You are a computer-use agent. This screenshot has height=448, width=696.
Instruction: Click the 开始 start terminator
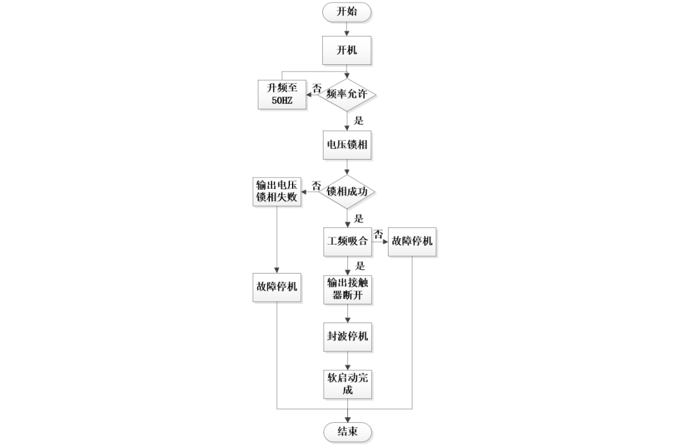pyautogui.click(x=347, y=12)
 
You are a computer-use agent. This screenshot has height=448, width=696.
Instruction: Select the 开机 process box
pyautogui.click(x=347, y=50)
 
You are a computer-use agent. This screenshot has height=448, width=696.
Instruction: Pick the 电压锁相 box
pyautogui.click(x=347, y=145)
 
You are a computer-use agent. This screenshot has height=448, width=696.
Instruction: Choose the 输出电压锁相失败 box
pyautogui.click(x=276, y=191)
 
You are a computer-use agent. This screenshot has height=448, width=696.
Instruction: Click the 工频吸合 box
pyautogui.click(x=347, y=241)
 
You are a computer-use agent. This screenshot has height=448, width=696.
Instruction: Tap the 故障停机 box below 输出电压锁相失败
pyautogui.click(x=276, y=286)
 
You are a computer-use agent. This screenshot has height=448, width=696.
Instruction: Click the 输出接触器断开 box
pyautogui.click(x=347, y=290)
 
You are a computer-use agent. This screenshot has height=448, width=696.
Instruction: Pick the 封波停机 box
pyautogui.click(x=347, y=337)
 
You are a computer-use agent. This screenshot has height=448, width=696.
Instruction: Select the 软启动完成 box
pyautogui.click(x=347, y=384)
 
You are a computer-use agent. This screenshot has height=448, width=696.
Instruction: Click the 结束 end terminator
pyautogui.click(x=347, y=431)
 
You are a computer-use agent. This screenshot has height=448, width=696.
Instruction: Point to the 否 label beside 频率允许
pyautogui.click(x=317, y=87)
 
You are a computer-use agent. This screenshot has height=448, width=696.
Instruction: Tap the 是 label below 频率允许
pyautogui.click(x=359, y=120)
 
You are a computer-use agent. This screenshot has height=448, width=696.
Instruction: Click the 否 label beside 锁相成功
pyautogui.click(x=316, y=185)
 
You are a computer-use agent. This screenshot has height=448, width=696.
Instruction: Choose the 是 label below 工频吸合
pyautogui.click(x=360, y=265)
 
